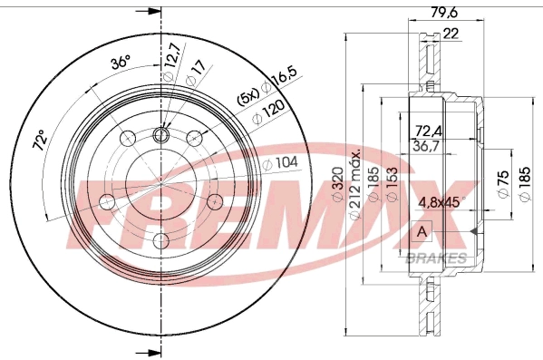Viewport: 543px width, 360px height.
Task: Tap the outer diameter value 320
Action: click(x=337, y=187)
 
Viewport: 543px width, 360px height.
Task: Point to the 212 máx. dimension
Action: click(x=360, y=181)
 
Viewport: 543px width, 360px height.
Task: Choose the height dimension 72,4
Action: click(x=431, y=131)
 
